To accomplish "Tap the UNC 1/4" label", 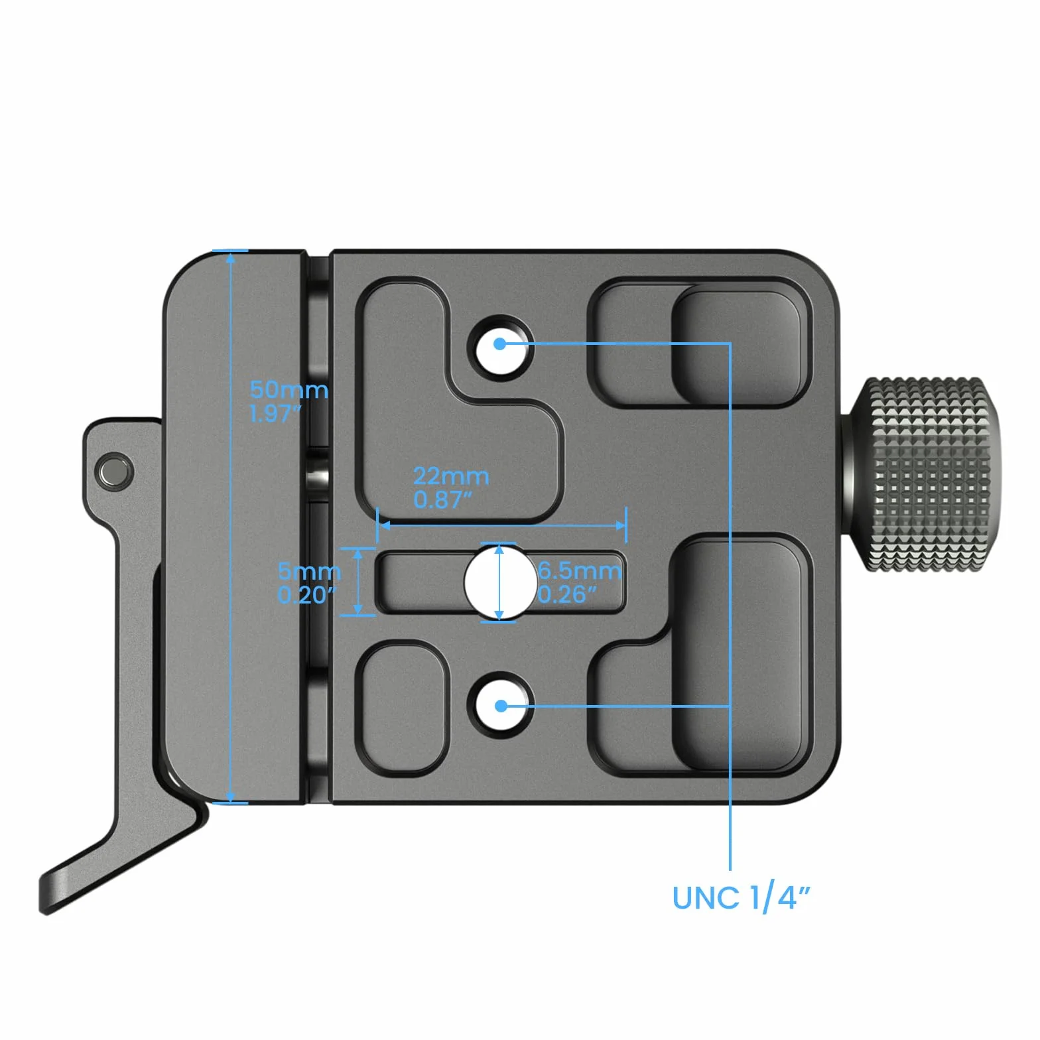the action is coord(741,898).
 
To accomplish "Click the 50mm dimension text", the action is coord(289,390).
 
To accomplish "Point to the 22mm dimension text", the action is coord(451,476).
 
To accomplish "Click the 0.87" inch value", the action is coord(442,499).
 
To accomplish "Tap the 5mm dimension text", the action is coord(309,571).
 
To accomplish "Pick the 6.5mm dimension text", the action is coord(580,570).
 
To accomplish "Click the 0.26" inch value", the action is coord(567,594).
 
